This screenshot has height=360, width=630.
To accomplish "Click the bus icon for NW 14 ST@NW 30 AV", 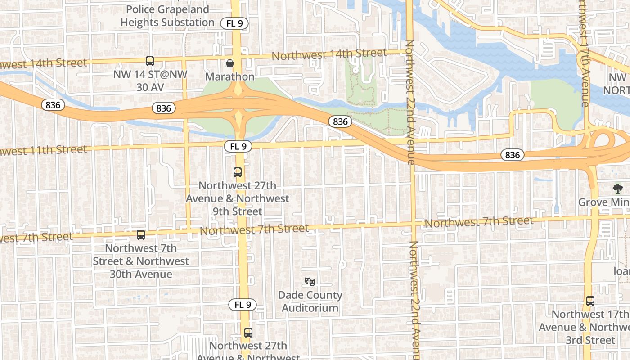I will pyautogui.click(x=149, y=61).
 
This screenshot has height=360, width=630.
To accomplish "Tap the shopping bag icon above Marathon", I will pyautogui.click(x=230, y=63).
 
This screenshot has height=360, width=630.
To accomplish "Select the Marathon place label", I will pyautogui.click(x=230, y=76).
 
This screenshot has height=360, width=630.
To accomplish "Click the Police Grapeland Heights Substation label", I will pyautogui.click(x=167, y=16).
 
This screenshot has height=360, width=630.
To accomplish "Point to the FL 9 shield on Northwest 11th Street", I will pyautogui.click(x=238, y=146).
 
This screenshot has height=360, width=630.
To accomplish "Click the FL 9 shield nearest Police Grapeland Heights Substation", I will pyautogui.click(x=234, y=23).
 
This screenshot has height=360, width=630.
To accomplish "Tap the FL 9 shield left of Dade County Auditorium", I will pyautogui.click(x=243, y=305).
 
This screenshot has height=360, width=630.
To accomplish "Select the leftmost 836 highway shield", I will pyautogui.click(x=53, y=105).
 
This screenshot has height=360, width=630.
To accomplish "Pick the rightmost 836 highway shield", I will pyautogui.click(x=512, y=155).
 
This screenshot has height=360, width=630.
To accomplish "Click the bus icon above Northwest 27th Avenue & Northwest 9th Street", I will pyautogui.click(x=238, y=172).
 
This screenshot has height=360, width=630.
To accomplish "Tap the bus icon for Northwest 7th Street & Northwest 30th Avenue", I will pyautogui.click(x=141, y=234).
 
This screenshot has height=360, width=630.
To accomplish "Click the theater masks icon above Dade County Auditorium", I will pyautogui.click(x=310, y=282).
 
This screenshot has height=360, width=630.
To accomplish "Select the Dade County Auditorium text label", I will pyautogui.click(x=310, y=301).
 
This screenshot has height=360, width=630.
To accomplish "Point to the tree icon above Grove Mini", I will pyautogui.click(x=617, y=189).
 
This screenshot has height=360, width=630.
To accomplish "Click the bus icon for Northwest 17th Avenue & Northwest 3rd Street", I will pyautogui.click(x=590, y=301).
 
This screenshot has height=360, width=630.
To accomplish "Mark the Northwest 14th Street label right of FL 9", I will pyautogui.click(x=329, y=54).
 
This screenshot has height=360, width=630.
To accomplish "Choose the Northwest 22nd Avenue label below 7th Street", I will pyautogui.click(x=414, y=299).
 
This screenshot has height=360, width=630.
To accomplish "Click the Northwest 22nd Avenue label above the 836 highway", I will pyautogui.click(x=410, y=101).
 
